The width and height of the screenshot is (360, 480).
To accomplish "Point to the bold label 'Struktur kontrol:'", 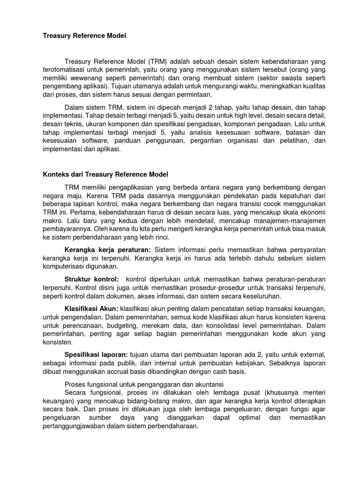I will click(91, 279).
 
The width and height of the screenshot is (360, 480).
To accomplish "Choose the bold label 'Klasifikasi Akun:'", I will click(91, 310).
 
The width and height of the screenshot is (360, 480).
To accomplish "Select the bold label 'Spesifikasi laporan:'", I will click(96, 355).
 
